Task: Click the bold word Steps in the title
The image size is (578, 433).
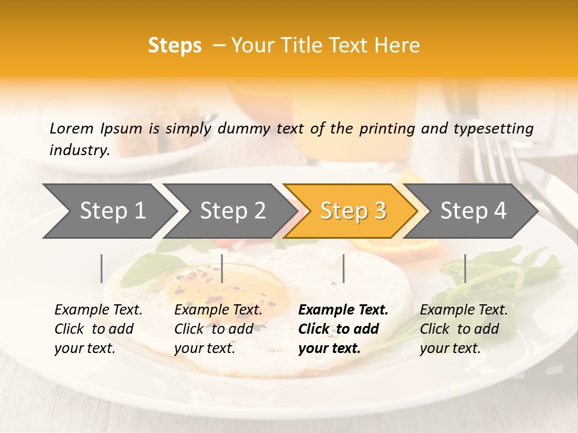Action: (175, 46)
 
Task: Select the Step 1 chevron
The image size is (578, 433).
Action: (112, 211)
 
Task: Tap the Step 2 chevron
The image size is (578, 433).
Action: (232, 211)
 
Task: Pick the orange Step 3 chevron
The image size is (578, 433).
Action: (353, 211)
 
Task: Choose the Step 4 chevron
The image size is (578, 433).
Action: (473, 211)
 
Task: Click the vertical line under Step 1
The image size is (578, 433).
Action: (102, 268)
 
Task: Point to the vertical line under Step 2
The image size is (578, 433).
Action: (222, 268)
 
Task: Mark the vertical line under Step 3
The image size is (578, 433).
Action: (343, 268)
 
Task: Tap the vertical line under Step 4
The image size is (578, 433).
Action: (465, 268)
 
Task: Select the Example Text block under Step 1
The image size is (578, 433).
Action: (98, 329)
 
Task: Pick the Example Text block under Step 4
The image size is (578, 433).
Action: (464, 329)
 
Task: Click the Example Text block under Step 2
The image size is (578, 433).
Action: (218, 329)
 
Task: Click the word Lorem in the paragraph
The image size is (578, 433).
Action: (71, 128)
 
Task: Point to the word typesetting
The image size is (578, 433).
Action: (494, 129)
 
